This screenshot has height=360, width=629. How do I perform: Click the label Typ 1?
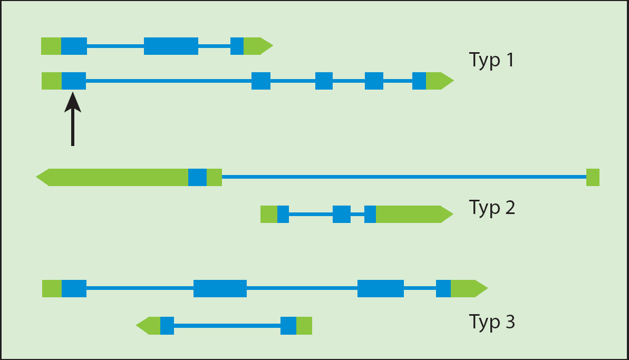click(x=491, y=61)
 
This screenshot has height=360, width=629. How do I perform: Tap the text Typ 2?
click(x=491, y=208)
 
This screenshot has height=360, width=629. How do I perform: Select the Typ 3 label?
click(x=491, y=322)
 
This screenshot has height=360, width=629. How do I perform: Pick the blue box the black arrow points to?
click(x=74, y=81)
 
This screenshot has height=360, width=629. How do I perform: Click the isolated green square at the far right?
click(x=593, y=177)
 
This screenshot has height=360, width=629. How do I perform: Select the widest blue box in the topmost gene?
click(x=171, y=46)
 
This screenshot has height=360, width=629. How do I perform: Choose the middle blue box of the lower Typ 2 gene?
click(x=342, y=214)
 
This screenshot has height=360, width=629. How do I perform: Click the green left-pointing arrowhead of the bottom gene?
click(x=148, y=326)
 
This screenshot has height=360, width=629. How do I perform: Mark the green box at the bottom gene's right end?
click(x=304, y=326)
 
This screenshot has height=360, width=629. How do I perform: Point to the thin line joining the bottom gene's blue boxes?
click(x=227, y=326)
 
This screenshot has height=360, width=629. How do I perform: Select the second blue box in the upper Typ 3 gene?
click(x=220, y=288)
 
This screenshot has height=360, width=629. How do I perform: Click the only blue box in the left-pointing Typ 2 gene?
click(x=197, y=177)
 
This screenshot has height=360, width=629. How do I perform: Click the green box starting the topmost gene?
click(x=51, y=46)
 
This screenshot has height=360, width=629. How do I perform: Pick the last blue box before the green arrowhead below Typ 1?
click(x=419, y=81)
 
